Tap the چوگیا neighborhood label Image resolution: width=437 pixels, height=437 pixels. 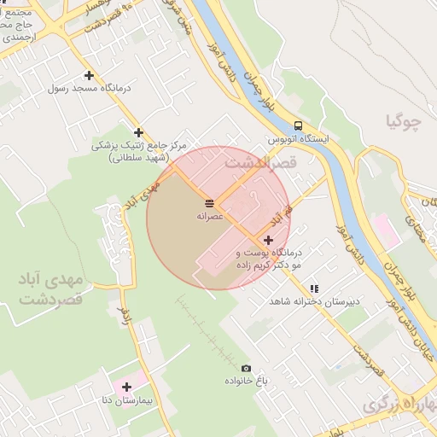pos(404,122)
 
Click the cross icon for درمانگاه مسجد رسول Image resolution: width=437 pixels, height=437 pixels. pos(90,75)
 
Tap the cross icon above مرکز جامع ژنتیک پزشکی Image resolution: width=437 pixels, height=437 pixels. pos(138,132)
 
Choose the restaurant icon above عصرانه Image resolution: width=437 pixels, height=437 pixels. pos(209,202)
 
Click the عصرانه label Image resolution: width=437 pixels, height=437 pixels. pos(210,217)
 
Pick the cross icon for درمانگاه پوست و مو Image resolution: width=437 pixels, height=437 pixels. pos(268,241)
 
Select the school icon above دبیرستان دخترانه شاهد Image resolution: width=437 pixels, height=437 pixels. pos(314,288)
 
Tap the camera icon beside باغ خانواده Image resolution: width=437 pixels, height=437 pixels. pos(247,368)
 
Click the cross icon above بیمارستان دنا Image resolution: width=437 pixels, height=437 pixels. pos(126,387)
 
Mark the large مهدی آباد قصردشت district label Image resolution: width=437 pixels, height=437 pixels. pos(50,289)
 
